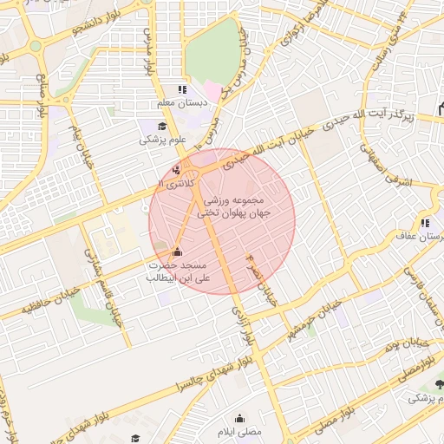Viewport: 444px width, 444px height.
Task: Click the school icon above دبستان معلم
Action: click(x=181, y=89)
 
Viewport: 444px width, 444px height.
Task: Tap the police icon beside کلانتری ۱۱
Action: click(x=177, y=170)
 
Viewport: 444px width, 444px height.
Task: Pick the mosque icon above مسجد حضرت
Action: click(x=178, y=252)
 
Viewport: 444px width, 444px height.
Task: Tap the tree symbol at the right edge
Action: click(x=439, y=382)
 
